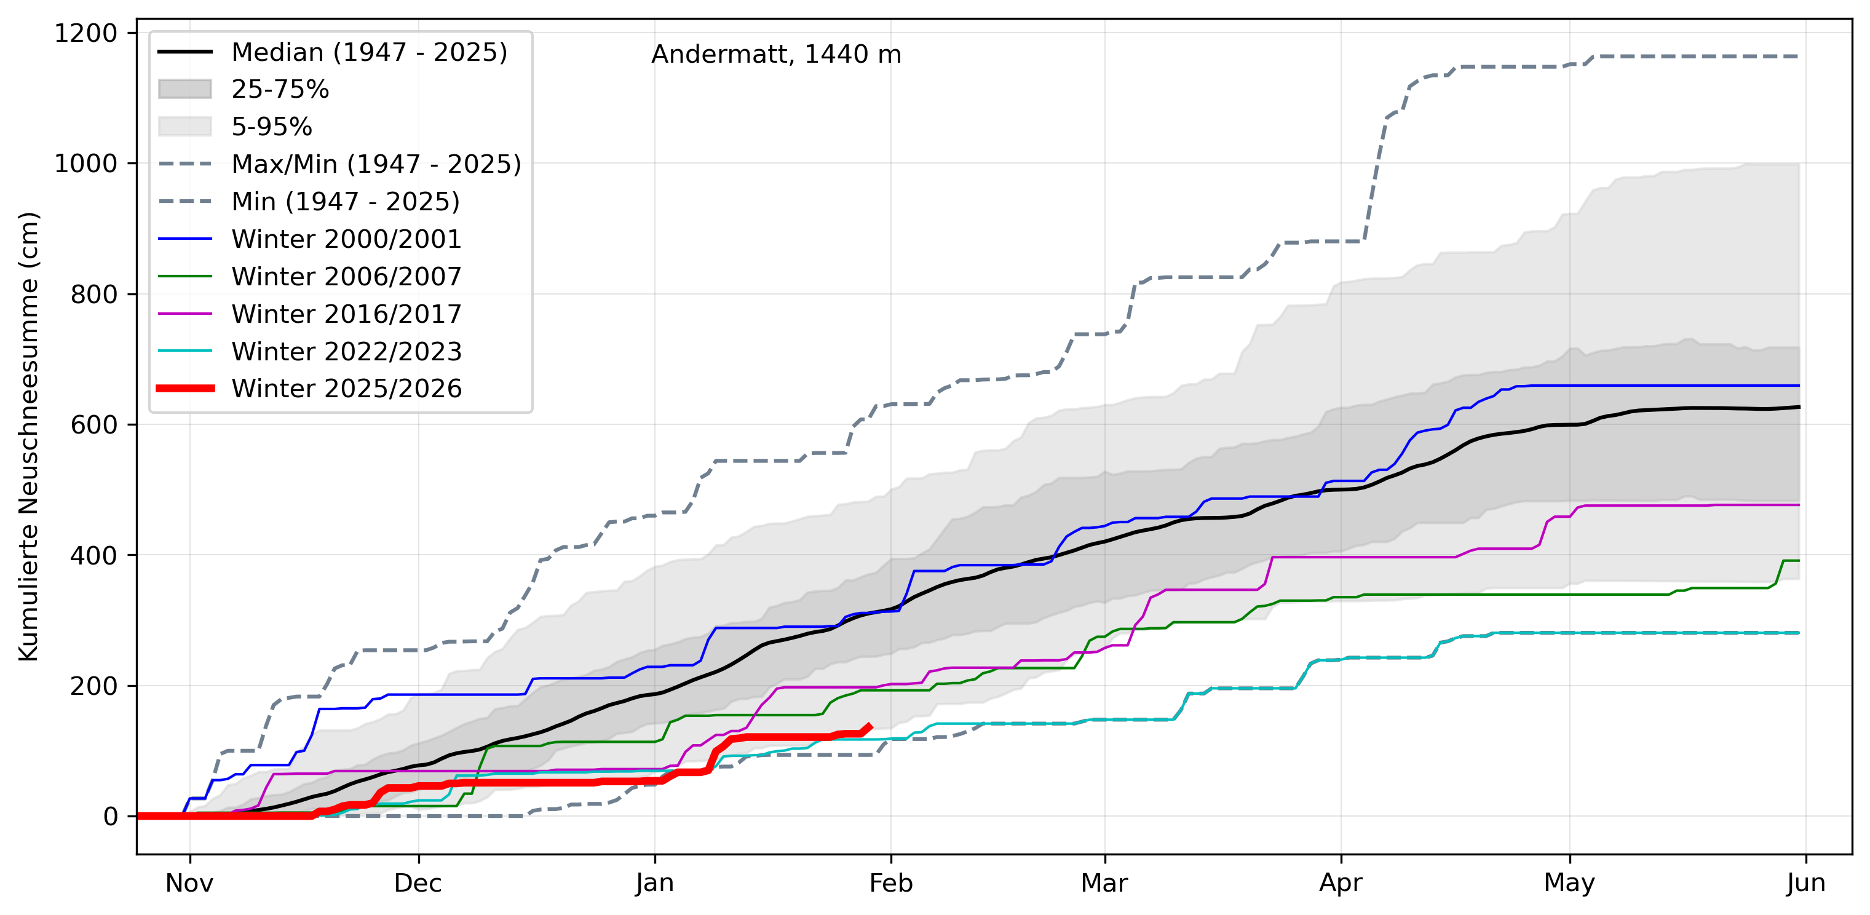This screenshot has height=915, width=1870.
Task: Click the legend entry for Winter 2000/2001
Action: coord(346,239)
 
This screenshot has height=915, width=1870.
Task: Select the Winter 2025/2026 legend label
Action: coord(346,389)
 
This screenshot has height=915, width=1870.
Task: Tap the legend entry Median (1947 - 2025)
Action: coord(369,52)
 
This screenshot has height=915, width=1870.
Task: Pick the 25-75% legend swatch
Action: coord(185,89)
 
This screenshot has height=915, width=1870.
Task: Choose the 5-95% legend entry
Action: coord(272,127)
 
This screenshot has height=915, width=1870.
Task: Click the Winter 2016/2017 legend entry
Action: coord(346,314)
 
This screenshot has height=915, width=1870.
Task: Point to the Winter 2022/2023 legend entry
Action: coord(346,352)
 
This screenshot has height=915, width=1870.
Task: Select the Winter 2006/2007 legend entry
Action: coord(346,277)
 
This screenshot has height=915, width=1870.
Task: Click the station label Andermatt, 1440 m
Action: coord(775,55)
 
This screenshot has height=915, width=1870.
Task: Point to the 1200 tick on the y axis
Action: coord(85,33)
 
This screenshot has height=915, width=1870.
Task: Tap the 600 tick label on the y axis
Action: coord(93,425)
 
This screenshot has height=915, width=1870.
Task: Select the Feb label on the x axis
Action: coord(890,883)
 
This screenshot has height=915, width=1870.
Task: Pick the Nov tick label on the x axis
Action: coord(189,883)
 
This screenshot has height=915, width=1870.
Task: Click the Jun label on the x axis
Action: coord(1805,883)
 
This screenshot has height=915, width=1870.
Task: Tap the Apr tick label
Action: coord(1340,883)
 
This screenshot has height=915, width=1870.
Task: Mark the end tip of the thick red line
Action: coord(870,726)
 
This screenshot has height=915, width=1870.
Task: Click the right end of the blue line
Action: coord(1799,386)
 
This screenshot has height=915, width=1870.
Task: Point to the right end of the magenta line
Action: coord(1799,505)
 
